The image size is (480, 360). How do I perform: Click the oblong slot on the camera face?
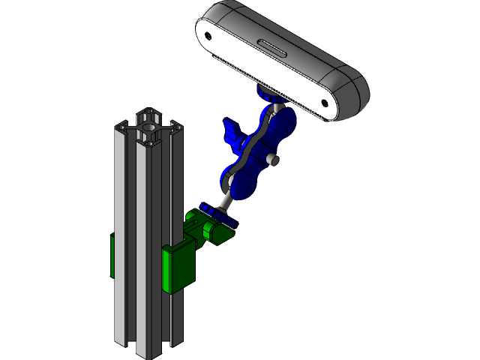click(272, 50)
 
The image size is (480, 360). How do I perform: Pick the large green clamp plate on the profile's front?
click(178, 268)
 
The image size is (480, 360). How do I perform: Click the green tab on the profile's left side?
click(112, 256)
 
